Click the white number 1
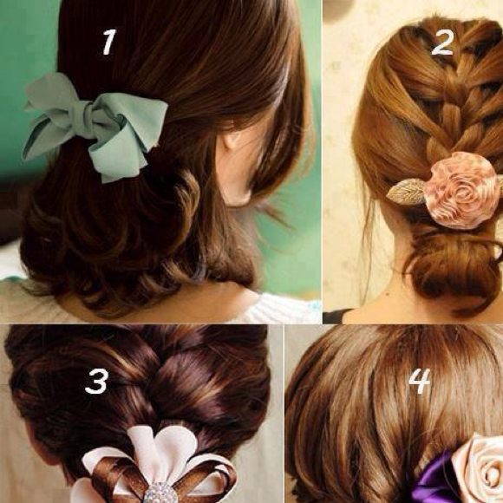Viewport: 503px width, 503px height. (x=108, y=42)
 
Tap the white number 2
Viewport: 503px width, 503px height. (x=442, y=42)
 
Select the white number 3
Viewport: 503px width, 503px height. (x=97, y=382)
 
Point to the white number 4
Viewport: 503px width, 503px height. (x=420, y=381)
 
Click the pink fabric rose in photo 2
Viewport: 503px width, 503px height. (x=461, y=191)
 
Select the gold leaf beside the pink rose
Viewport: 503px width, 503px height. (x=407, y=192)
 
